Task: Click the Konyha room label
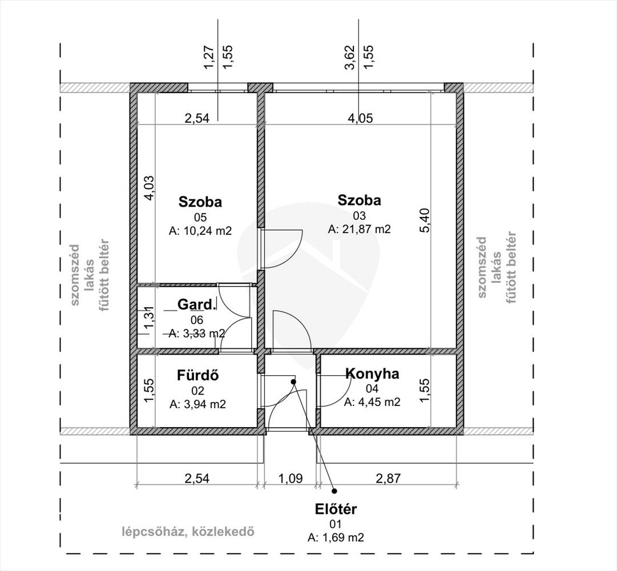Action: [x=372, y=374]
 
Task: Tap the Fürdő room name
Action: [x=198, y=375]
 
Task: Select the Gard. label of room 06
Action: [x=197, y=304]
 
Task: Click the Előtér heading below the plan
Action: [x=336, y=509]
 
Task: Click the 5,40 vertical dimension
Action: [x=425, y=220]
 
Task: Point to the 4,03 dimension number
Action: [x=150, y=188]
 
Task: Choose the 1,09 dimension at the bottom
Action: [x=291, y=478]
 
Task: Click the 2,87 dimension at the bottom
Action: [x=388, y=478]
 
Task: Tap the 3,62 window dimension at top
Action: [x=350, y=58]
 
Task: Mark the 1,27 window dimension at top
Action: [x=209, y=58]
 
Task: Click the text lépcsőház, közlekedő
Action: [x=188, y=532]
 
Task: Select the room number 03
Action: [x=359, y=216]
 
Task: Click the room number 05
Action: [x=200, y=218]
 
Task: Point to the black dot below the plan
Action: [x=334, y=490]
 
